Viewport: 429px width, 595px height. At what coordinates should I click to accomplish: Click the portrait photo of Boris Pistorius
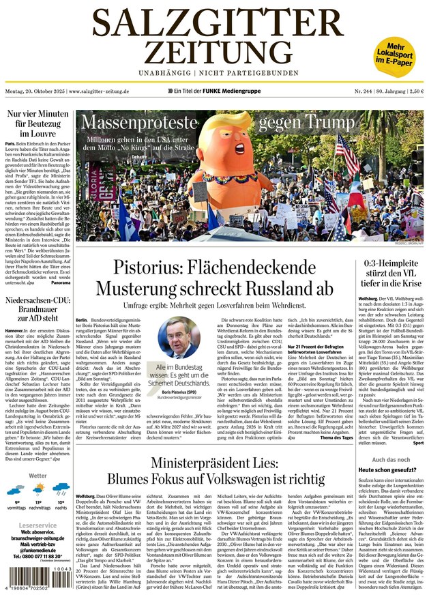click(179, 337)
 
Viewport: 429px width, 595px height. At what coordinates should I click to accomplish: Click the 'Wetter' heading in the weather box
click(38, 476)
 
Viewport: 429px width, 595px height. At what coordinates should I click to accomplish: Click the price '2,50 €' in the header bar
click(413, 91)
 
